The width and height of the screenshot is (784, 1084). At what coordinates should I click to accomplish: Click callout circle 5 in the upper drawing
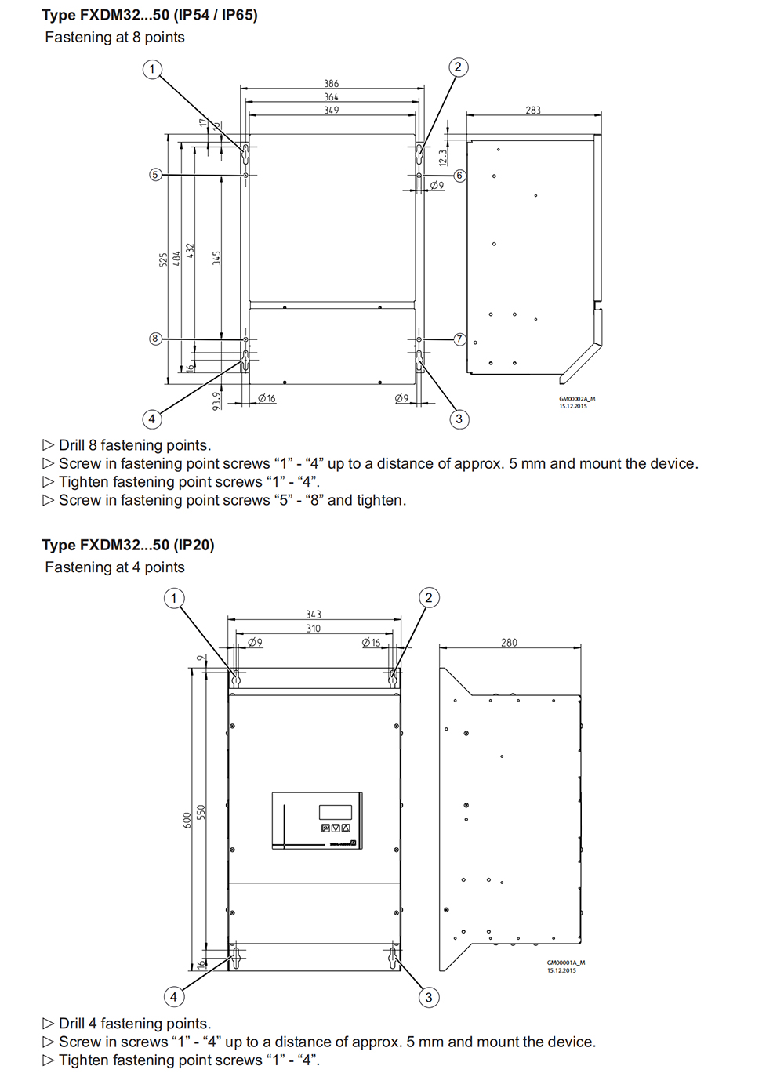pos(155,175)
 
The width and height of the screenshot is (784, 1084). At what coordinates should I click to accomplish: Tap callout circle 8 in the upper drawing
pos(155,339)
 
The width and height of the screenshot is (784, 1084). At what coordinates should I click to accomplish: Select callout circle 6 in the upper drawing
pos(459,176)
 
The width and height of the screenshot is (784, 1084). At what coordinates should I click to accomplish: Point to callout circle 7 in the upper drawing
pos(459,339)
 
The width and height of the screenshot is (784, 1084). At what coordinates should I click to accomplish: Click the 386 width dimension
pos(332,84)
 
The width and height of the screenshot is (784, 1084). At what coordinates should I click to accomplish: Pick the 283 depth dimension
pos(533,111)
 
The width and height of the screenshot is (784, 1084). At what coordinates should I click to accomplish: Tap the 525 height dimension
pos(163,259)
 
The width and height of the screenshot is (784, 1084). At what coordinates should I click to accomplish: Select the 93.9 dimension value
pos(216,401)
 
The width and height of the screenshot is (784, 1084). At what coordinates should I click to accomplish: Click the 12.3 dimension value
pos(443,158)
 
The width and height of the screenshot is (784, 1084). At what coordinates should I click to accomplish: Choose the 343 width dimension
pos(314,615)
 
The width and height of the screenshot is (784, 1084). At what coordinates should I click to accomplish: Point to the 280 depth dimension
pos(509,643)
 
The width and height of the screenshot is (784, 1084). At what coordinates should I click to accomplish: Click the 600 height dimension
pos(187,820)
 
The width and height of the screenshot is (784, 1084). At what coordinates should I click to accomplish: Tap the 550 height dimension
pos(201,812)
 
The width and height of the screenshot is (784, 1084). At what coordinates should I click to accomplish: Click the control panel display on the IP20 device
pos(335,812)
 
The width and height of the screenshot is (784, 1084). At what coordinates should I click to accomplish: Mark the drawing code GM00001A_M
pos(565,963)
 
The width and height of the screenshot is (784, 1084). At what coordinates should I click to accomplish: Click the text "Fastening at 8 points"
pos(114,38)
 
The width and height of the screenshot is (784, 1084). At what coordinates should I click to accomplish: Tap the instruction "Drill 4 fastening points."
pos(134,1024)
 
